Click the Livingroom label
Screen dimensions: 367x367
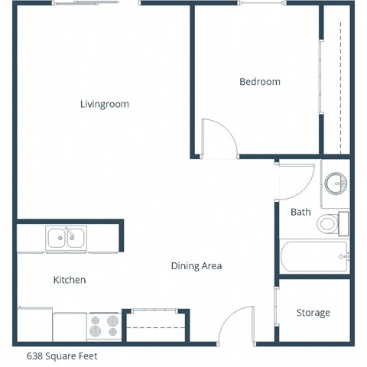pyautogui.click(x=104, y=104)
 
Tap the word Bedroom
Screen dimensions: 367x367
pyautogui.click(x=259, y=82)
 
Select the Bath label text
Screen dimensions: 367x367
pyautogui.click(x=300, y=212)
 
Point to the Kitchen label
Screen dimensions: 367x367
pyautogui.click(x=69, y=281)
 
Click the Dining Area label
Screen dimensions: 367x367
pyautogui.click(x=196, y=266)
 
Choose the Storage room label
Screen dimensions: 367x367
pyautogui.click(x=313, y=313)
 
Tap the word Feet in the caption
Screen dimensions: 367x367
pyautogui.click(x=87, y=356)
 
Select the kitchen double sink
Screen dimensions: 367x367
pyautogui.click(x=66, y=239)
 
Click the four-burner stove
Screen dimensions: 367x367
pyautogui.click(x=104, y=326)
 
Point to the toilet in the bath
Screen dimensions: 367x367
pyautogui.click(x=328, y=223)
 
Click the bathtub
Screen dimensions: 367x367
pyautogui.click(x=314, y=257)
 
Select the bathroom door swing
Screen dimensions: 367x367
pyautogui.click(x=295, y=180)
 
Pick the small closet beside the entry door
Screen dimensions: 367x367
pyautogui.click(x=155, y=326)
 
